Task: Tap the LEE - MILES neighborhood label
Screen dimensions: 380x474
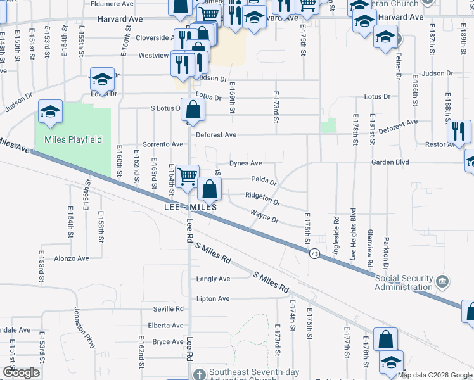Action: click(190, 207)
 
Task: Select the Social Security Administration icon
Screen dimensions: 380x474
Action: click(442, 280)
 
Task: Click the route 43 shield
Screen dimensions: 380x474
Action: click(314, 253)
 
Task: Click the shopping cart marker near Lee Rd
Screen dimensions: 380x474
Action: click(187, 176)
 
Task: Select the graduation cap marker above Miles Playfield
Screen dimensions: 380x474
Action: click(51, 111)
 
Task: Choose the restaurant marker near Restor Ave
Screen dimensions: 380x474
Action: click(458, 130)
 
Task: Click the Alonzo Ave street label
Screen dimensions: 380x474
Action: click(72, 258)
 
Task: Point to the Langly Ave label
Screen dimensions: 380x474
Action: click(214, 279)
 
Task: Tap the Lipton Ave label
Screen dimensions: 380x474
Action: click(213, 299)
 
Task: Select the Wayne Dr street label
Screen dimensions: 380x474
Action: click(264, 217)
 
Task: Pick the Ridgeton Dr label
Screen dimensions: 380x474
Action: click(262, 199)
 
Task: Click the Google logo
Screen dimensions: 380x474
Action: click(21, 372)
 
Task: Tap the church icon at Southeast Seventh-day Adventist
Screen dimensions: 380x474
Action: click(200, 374)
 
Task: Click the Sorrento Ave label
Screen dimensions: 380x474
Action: click(163, 144)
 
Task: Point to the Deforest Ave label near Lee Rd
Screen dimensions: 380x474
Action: click(216, 135)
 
